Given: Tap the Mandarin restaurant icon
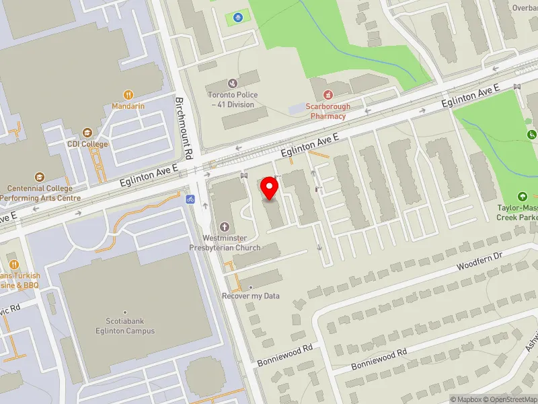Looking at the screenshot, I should [128, 95].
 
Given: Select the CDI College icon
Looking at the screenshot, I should [87, 133].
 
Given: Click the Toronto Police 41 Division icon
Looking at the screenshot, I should [233, 83].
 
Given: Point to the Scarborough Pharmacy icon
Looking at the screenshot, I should [328, 96].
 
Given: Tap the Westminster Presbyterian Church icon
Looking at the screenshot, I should [224, 227].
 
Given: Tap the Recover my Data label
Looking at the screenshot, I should [251, 296].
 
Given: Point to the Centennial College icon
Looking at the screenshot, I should [40, 178].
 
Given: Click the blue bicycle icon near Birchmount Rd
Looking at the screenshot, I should [190, 199].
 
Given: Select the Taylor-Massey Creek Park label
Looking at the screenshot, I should [516, 213].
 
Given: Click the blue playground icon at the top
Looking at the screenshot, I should [237, 17].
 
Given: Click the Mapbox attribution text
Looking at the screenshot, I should [467, 399].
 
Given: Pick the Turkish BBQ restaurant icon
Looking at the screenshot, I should [13, 265].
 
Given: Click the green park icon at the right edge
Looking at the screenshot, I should [531, 135].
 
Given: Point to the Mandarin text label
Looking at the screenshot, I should [128, 106].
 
